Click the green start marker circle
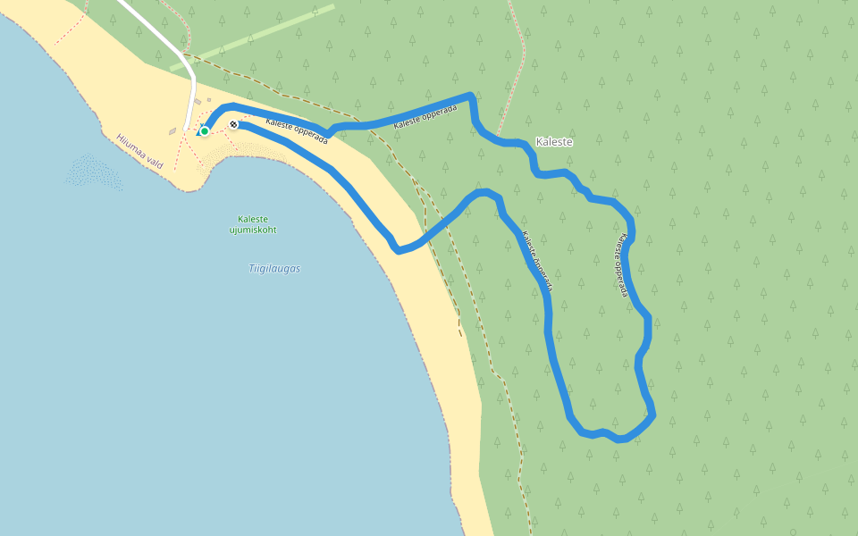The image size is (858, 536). (205, 131)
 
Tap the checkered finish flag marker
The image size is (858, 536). (233, 124)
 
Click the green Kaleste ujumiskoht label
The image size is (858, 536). (253, 224)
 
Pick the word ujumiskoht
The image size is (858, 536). (253, 230)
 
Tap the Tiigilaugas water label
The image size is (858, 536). (273, 268)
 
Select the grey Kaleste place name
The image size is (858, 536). (553, 142)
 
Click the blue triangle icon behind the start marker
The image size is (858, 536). (198, 132)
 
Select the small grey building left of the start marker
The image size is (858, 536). (172, 132)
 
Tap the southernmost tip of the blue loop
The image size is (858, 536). (620, 440)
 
